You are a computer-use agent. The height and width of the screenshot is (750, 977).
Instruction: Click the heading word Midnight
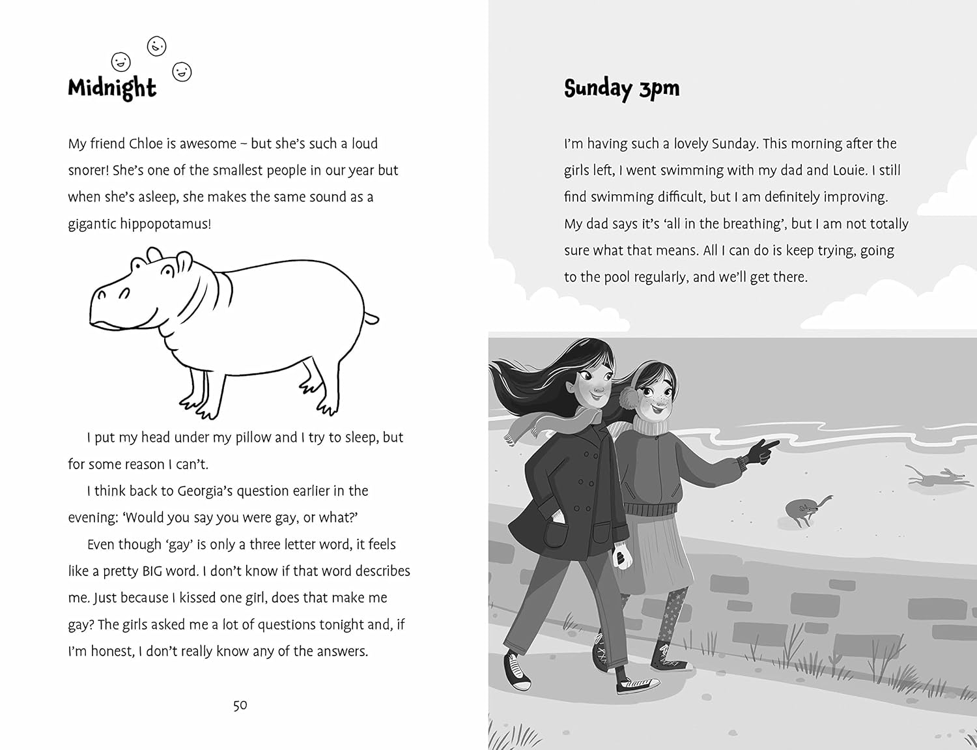click(112, 88)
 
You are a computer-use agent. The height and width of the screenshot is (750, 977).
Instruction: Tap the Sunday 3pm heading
click(621, 89)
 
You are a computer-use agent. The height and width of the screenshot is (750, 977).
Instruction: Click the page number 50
click(240, 705)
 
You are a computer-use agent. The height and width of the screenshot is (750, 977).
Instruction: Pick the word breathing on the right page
click(748, 224)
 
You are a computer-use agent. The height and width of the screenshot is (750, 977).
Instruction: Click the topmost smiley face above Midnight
click(157, 46)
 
